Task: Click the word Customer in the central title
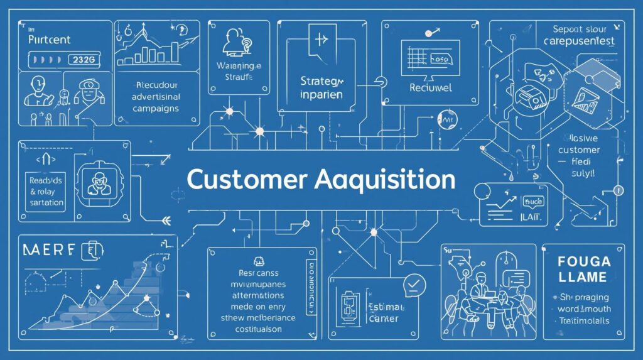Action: pyautogui.click(x=241, y=179)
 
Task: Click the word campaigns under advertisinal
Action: pyautogui.click(x=156, y=108)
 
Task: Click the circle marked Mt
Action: pyautogui.click(x=448, y=118)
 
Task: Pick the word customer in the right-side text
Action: pyautogui.click(x=578, y=150)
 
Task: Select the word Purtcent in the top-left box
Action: pyautogui.click(x=51, y=39)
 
